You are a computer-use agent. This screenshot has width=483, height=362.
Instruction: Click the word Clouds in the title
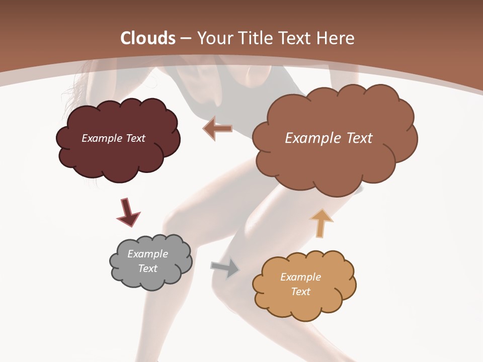click(x=148, y=38)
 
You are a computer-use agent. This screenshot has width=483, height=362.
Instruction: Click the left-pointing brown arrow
click(x=217, y=129)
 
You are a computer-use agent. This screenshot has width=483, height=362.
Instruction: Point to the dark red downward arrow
click(x=128, y=213)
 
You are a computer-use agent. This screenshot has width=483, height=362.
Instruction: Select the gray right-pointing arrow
click(x=225, y=268)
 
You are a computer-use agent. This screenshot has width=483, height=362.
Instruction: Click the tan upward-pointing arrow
click(x=321, y=223)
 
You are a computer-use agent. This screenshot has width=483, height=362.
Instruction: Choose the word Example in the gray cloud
click(x=147, y=254)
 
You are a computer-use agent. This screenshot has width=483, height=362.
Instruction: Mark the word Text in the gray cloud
click(x=147, y=268)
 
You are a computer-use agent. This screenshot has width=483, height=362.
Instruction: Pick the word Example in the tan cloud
click(x=300, y=277)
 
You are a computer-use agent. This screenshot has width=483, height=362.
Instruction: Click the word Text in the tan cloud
click(x=300, y=292)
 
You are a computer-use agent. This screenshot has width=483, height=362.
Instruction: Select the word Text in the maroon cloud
click(x=135, y=138)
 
